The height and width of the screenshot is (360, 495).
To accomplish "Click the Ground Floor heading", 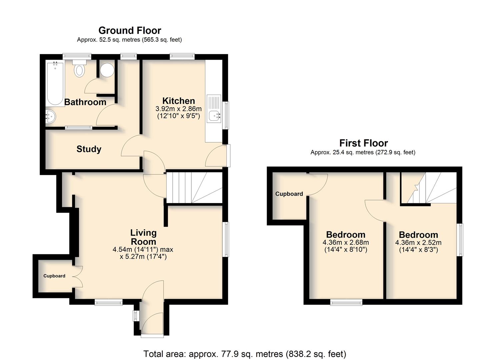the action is (130, 30).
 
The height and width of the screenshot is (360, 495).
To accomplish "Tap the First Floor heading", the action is (364, 143).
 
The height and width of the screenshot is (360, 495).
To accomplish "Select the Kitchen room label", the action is (179, 101).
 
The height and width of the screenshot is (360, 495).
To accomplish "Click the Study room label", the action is (89, 149).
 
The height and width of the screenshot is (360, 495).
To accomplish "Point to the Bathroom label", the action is (85, 102).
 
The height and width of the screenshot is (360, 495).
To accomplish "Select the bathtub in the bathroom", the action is (55, 84).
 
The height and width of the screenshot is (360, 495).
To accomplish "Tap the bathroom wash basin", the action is (51, 116).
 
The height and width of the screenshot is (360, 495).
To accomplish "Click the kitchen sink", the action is (214, 109).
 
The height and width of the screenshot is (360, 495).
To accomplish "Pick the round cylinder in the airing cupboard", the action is (107, 70).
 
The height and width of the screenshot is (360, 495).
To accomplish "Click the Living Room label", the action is (143, 237).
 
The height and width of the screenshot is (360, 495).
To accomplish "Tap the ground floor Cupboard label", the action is (54, 276).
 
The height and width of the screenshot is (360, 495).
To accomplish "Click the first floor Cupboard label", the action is (289, 194).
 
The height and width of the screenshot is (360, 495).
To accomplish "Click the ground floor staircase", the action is (194, 188).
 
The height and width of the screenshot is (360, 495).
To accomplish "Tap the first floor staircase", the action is (429, 188).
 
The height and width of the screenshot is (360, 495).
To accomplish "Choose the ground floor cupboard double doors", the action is (78, 277).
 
